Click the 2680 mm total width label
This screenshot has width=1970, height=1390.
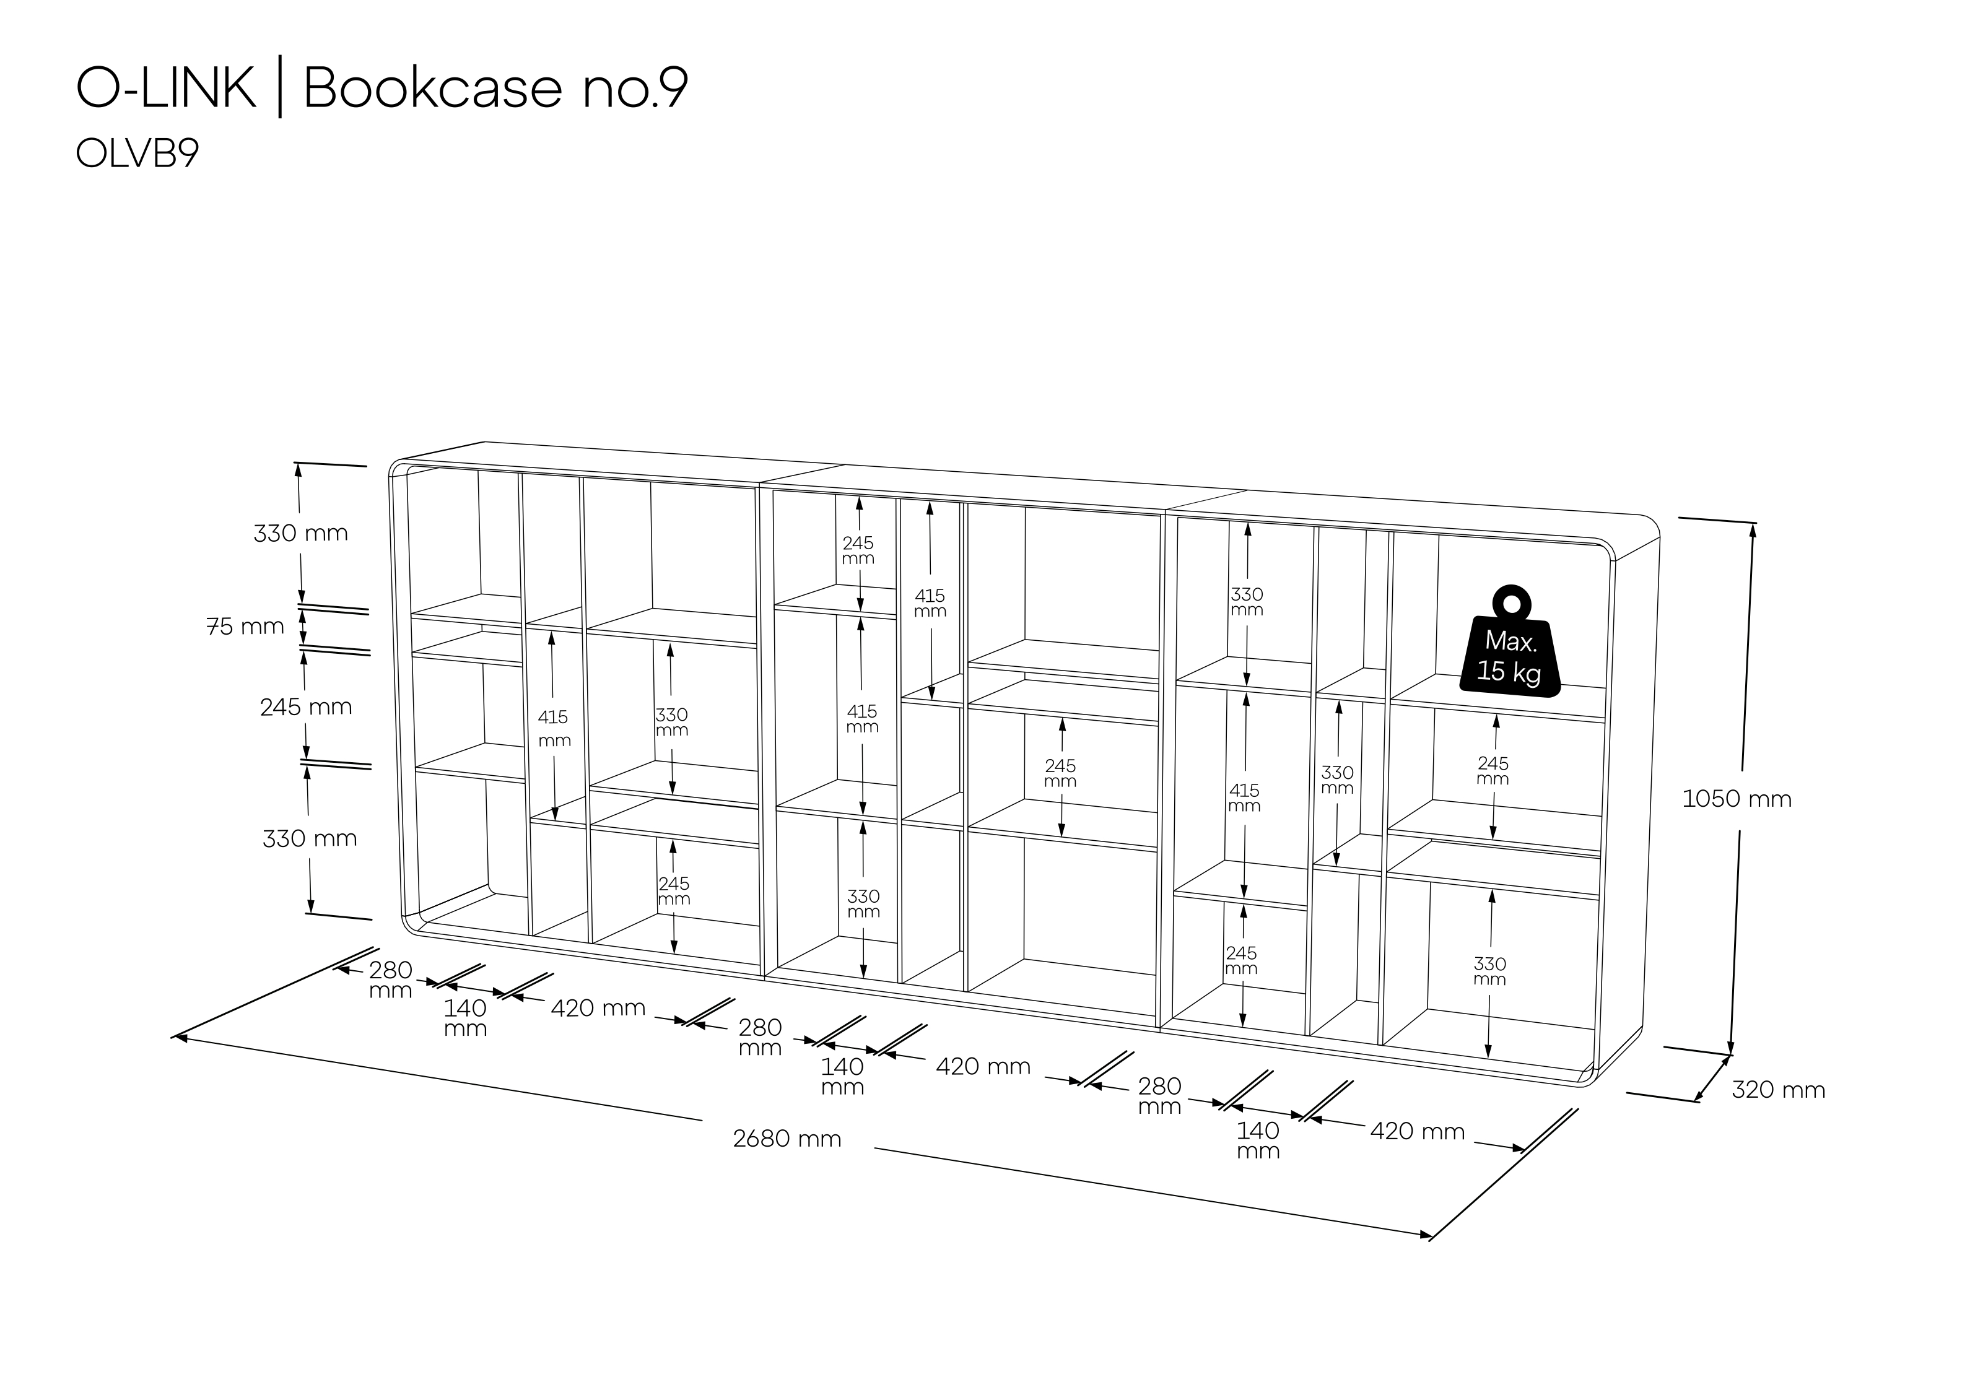point(787,1139)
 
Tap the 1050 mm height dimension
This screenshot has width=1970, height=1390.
point(1737,799)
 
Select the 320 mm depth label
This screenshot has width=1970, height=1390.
point(1779,1090)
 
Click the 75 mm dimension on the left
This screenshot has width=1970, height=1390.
point(245,627)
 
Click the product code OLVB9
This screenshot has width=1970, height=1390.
point(137,154)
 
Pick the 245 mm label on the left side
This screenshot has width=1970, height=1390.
point(307,707)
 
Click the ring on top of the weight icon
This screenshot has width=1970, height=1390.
point(1510,601)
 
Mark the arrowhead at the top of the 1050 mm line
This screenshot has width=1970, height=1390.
point(1752,529)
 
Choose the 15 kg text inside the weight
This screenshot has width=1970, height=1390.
point(1509,671)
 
